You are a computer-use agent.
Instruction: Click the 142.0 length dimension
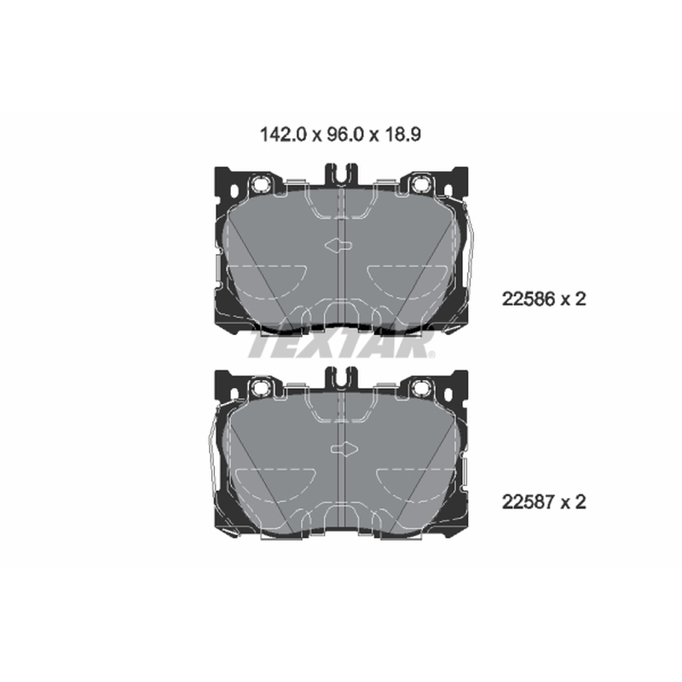coord(284,135)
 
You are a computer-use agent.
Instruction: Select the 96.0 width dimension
coord(345,135)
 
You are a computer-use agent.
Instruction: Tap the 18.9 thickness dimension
coord(402,135)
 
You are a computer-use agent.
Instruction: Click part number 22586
coord(529,299)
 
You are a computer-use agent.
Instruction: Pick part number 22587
coord(529,502)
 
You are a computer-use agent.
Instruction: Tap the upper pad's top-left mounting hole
coord(262,184)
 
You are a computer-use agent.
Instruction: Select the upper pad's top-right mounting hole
coord(420,184)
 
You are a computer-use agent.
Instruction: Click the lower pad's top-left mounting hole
coord(262,387)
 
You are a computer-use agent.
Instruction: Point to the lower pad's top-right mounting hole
coord(420,387)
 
